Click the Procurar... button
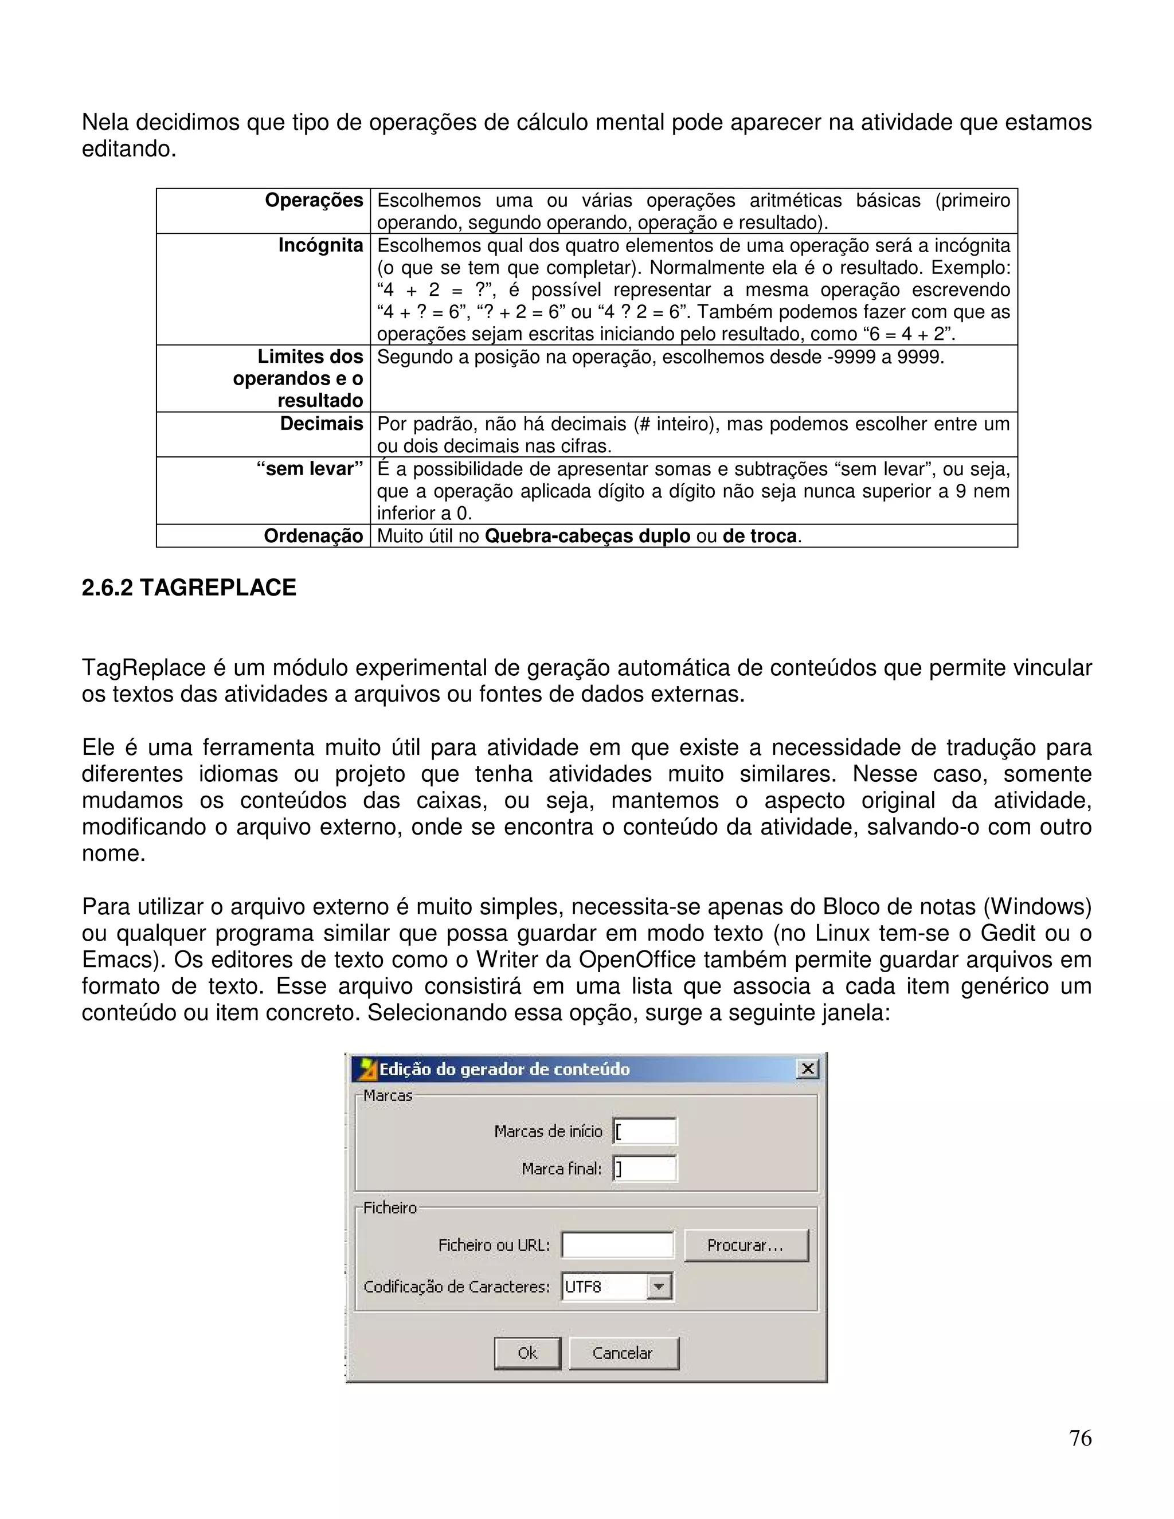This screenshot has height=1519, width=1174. tap(746, 1245)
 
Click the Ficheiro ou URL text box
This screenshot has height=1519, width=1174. tap(617, 1245)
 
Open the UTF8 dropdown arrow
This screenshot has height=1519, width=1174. tap(659, 1286)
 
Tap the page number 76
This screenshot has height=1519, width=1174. tap(1080, 1438)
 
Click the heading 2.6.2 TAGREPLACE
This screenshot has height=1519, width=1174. tap(189, 588)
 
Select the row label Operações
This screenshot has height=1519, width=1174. tap(314, 200)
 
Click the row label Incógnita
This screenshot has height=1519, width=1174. tap(320, 245)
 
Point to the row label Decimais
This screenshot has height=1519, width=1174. tap(322, 424)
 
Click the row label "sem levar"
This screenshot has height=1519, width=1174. tap(310, 469)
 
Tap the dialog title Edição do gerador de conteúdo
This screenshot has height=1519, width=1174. tap(504, 1069)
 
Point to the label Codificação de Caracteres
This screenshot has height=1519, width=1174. tap(456, 1287)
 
